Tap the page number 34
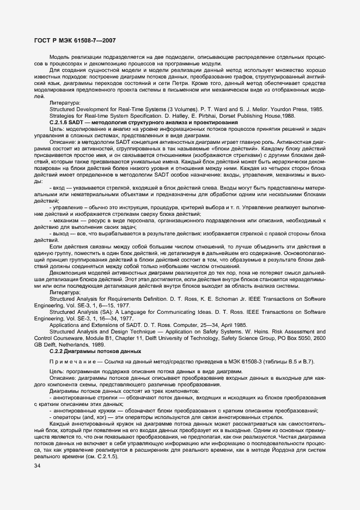coord(37,466)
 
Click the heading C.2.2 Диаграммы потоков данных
coord(87,353)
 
